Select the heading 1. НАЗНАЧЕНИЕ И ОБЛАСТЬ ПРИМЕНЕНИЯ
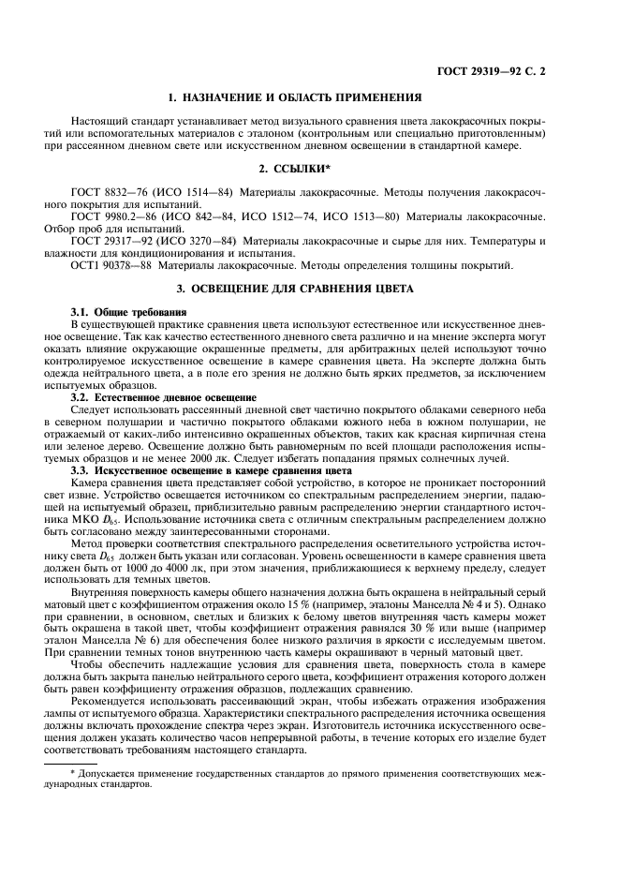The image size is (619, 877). [x=308, y=97]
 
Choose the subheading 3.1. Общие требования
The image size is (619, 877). [x=129, y=310]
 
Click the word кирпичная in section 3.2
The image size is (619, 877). [x=482, y=435]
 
